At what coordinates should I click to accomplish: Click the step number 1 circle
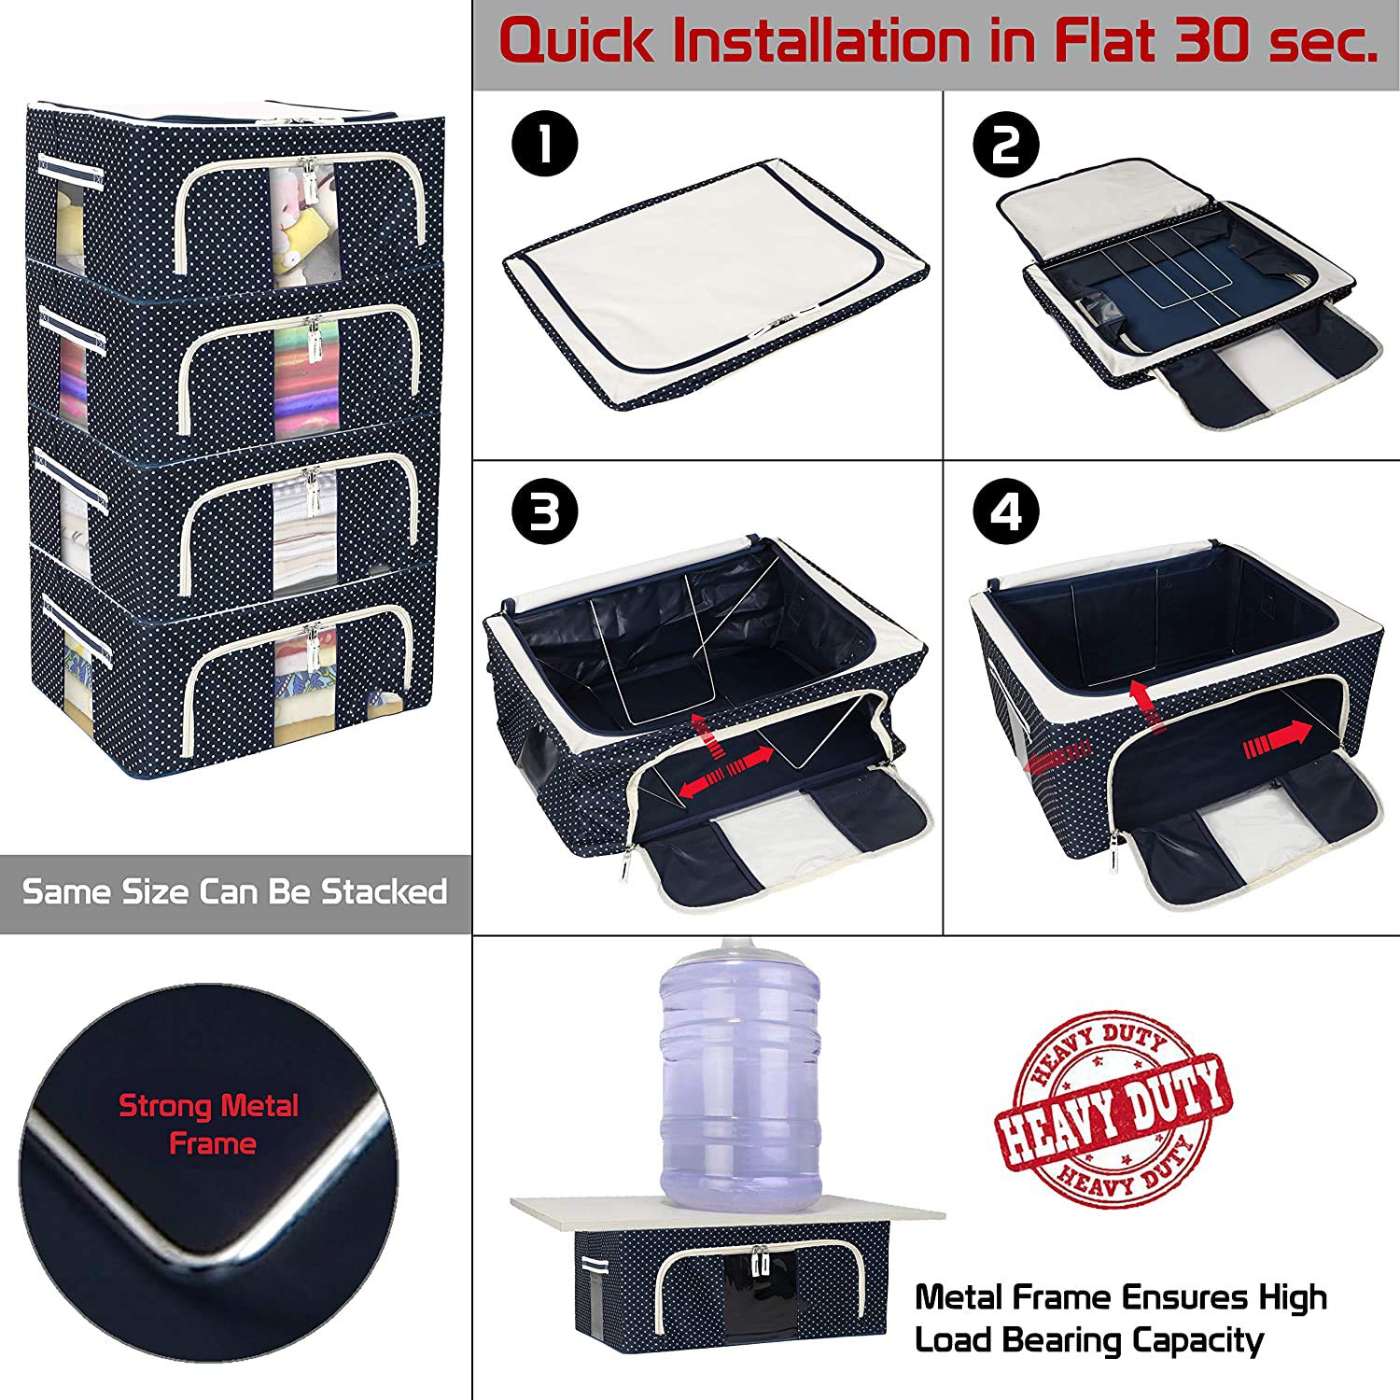coord(545,146)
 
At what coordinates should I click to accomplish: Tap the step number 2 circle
coord(1006,146)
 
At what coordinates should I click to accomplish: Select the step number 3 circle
coord(545,512)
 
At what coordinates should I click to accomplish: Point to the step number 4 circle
coord(1006,512)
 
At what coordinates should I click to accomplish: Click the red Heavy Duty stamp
coord(1112,1107)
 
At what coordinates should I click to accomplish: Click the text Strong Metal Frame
coord(209,1125)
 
